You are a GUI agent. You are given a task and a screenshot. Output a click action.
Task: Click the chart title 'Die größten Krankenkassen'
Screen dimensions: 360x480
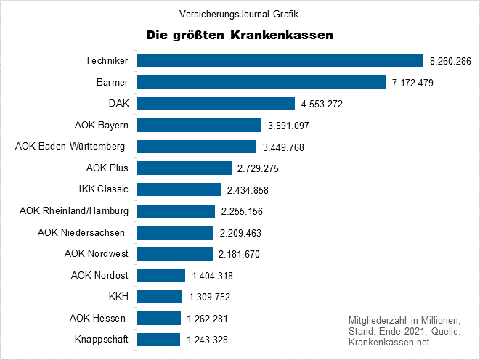[x=240, y=34]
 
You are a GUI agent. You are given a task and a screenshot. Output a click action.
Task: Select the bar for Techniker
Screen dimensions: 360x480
[x=280, y=61]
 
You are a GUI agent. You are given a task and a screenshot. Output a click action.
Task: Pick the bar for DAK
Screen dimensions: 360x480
[x=216, y=104]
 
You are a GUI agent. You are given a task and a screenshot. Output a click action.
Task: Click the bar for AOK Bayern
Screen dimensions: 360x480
[x=199, y=126]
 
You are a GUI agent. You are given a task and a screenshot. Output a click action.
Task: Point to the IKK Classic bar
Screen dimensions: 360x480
[x=179, y=189]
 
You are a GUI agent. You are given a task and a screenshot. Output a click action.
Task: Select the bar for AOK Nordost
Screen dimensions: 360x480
[x=161, y=275]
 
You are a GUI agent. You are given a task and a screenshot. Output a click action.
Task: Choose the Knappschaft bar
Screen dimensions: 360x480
[x=158, y=340]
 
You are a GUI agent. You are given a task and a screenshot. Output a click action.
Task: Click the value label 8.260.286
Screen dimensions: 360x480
[x=451, y=62]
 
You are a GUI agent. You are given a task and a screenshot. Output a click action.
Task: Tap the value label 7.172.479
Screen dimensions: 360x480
[x=412, y=83]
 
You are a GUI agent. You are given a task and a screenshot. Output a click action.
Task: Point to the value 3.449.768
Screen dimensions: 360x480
[x=285, y=147]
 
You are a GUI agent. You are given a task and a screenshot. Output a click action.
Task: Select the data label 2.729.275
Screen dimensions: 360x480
[x=258, y=168]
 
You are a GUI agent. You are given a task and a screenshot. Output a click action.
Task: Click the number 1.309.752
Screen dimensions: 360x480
[x=210, y=297]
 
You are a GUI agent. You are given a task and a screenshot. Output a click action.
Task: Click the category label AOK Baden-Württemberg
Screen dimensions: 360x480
[x=70, y=147]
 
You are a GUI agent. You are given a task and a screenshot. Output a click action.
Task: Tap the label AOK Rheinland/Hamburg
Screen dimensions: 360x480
[x=74, y=211]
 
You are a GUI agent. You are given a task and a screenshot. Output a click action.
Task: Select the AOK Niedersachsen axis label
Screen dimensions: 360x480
[x=81, y=232]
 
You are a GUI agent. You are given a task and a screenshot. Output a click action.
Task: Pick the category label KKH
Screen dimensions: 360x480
[x=118, y=296]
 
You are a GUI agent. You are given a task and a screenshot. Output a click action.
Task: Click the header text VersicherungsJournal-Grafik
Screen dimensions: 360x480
[x=240, y=13]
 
